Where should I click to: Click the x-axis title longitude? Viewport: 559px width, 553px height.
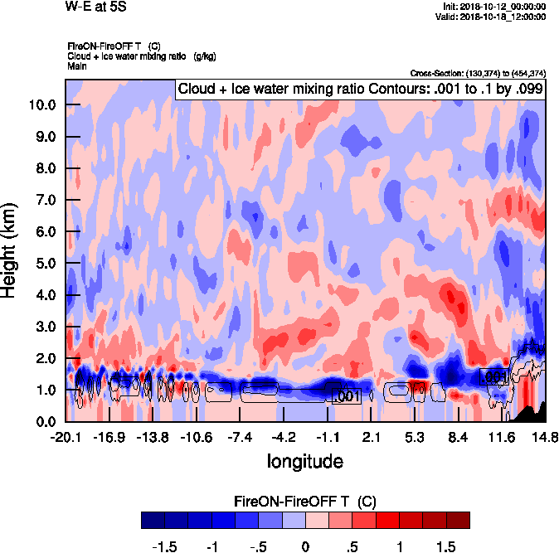[x=305, y=459]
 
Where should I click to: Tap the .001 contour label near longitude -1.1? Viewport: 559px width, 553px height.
[x=345, y=396]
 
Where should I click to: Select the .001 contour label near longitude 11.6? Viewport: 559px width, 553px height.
[x=493, y=377]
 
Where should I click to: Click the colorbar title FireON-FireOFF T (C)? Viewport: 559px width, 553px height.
[x=305, y=501]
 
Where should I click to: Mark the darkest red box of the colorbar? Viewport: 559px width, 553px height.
[x=458, y=521]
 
